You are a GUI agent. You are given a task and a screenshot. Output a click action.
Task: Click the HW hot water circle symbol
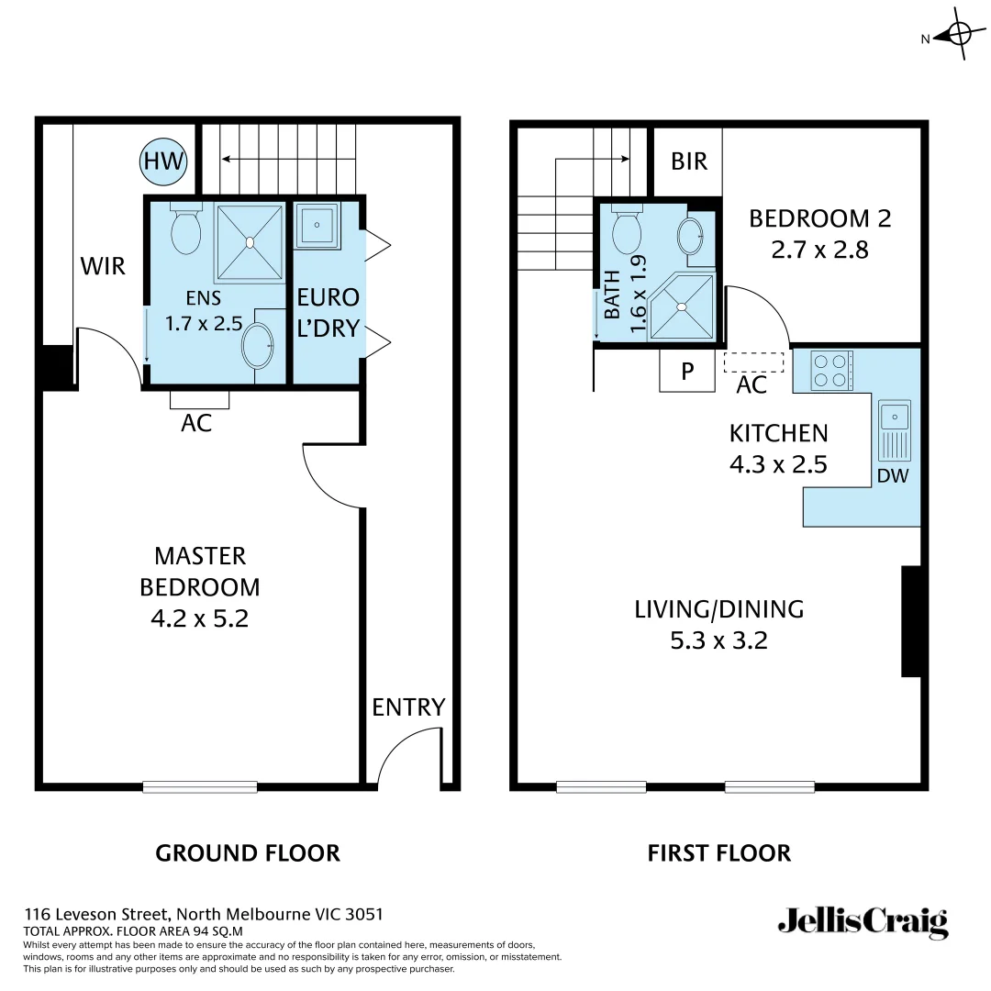(x=163, y=163)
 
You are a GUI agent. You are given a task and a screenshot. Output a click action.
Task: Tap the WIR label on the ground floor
(x=103, y=267)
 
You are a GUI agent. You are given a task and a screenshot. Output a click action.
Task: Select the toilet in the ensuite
(x=186, y=230)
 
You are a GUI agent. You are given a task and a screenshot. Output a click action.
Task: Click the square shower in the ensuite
(x=249, y=243)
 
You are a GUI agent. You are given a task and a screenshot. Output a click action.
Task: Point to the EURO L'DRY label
(x=328, y=313)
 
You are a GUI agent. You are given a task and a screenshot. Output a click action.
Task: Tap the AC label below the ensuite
(x=197, y=423)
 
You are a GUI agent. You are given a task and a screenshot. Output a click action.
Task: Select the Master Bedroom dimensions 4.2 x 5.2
(x=199, y=618)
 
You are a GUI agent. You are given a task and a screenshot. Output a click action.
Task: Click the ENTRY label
(x=408, y=707)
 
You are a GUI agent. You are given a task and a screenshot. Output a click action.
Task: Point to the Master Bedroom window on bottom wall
(x=200, y=786)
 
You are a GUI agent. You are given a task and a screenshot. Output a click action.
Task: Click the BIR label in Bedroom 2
(x=689, y=161)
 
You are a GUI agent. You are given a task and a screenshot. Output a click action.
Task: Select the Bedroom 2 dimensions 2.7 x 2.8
(x=819, y=250)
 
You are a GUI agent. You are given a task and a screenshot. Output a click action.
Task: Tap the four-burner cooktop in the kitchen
(x=831, y=371)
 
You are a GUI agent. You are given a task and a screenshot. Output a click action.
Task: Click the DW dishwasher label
(x=893, y=475)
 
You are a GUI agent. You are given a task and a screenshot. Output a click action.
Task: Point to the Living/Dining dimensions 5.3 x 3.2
(x=718, y=640)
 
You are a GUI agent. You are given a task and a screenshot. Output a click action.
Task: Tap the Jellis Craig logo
(x=862, y=921)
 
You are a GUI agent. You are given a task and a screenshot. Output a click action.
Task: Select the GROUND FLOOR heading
(x=248, y=853)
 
